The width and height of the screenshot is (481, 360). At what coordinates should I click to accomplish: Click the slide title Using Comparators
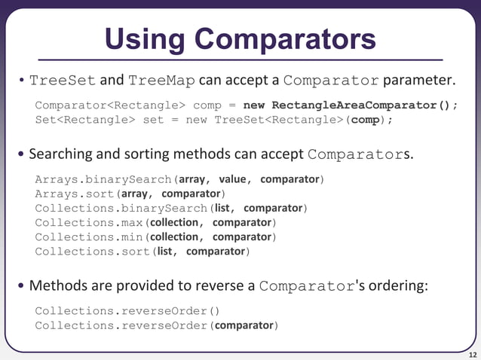point(240,38)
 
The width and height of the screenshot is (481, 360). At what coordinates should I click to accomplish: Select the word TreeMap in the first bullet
point(160,81)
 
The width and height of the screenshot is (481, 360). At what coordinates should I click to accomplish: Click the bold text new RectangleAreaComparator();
point(351,105)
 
